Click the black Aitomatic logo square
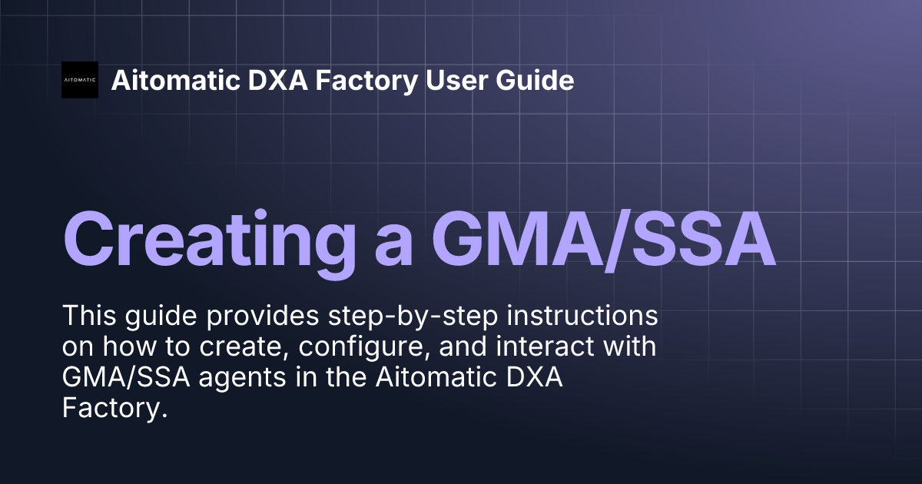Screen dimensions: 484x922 [80, 80]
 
